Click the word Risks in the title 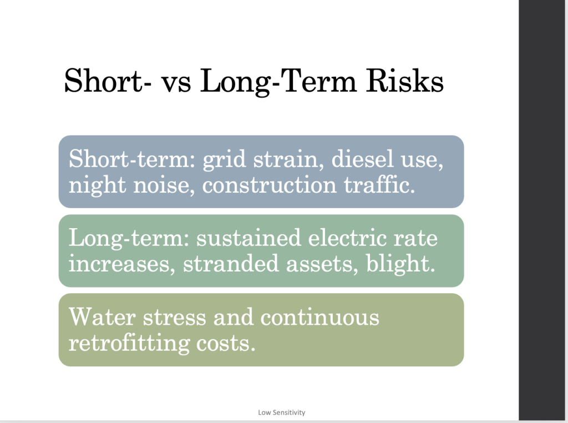coord(404,80)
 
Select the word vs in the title coord(176,84)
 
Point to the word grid coord(224,160)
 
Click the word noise coord(164,185)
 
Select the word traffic coord(379,184)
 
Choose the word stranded coord(231,263)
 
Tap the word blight coord(400,264)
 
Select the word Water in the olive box coord(102,317)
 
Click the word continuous coord(320,317)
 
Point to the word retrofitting coord(129,344)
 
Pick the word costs coord(226,344)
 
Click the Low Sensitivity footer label coord(281,412)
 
